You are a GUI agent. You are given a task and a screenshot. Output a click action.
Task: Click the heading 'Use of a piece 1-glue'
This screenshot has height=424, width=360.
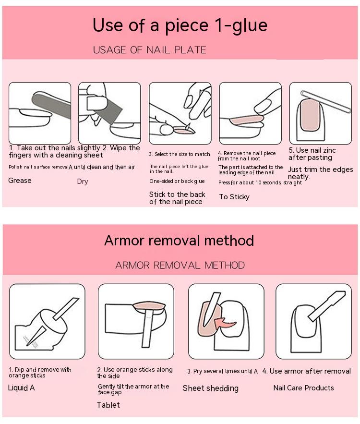click(180, 26)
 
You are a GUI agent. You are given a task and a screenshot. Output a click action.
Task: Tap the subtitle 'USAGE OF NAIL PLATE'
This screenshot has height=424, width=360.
click(150, 50)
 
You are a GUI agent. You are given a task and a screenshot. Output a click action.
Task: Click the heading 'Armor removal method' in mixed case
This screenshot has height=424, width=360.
click(179, 241)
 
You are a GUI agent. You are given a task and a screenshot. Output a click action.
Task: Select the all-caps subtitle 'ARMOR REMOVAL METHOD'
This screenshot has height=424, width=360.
click(180, 265)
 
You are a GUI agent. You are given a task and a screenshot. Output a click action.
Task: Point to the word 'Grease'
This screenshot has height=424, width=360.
click(20, 181)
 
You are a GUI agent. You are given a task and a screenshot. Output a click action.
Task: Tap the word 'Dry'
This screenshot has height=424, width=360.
click(83, 182)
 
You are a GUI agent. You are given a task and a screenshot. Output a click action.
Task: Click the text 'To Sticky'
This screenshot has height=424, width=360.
click(234, 197)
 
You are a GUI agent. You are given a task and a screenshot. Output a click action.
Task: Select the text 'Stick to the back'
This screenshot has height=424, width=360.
click(177, 194)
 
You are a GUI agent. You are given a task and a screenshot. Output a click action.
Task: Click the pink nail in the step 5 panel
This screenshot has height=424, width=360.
click(310, 115)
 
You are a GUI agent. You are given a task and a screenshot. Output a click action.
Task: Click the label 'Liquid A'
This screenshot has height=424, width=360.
click(21, 388)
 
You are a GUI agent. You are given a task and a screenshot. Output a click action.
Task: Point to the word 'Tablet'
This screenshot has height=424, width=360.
click(108, 405)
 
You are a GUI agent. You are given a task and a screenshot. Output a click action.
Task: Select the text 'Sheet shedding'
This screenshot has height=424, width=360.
click(211, 388)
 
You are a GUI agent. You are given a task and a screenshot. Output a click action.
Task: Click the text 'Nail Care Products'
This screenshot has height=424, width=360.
click(303, 388)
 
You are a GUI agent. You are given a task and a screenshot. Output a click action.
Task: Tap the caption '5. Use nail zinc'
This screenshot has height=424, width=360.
click(312, 150)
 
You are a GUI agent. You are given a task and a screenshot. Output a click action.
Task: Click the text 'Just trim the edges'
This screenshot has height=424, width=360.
click(321, 170)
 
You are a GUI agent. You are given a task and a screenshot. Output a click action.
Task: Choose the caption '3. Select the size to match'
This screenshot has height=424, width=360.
click(179, 154)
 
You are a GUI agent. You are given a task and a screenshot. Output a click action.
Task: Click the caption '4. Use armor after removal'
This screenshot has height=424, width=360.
click(307, 371)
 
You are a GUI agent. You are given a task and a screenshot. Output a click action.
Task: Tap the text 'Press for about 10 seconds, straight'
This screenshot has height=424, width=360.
click(260, 182)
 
